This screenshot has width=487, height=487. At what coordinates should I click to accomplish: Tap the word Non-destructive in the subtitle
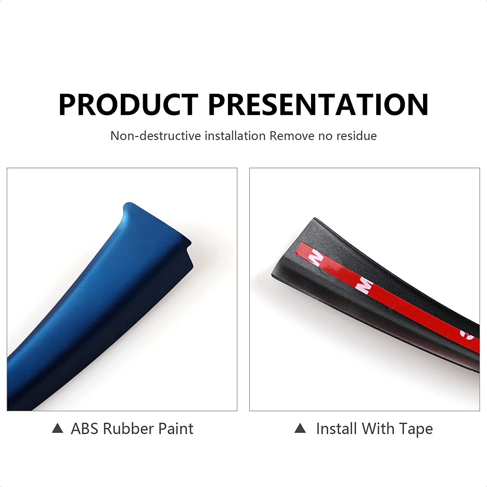point(156,136)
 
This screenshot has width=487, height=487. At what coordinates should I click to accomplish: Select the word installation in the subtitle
point(235,136)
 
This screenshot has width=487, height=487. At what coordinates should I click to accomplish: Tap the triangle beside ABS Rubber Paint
point(57,429)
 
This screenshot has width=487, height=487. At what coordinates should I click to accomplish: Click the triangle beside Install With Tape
point(300,429)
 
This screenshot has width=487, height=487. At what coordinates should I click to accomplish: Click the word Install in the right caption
point(337,429)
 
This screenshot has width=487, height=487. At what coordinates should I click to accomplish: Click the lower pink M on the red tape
point(364,286)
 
